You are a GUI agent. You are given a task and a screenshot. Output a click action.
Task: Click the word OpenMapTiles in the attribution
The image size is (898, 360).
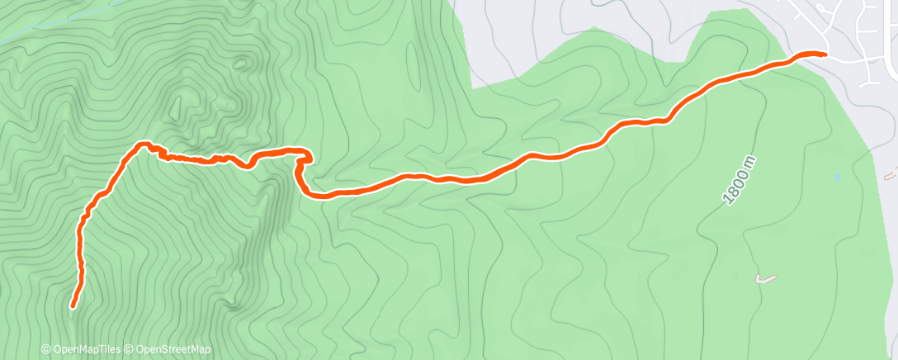[x=86, y=350]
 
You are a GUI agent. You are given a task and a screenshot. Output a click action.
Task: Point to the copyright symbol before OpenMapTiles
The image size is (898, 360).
[x=45, y=350]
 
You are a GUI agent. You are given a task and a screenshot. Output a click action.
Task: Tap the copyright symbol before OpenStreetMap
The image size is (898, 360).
[x=129, y=350]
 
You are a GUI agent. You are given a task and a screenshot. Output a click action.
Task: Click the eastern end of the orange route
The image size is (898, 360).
[x=824, y=54]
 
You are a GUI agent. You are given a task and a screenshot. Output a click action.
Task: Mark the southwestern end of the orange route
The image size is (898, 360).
[x=73, y=306]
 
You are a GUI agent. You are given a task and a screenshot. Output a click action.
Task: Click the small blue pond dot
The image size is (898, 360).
[x=837, y=178]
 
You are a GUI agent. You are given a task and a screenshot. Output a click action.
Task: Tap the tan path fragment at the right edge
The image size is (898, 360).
[x=891, y=175]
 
